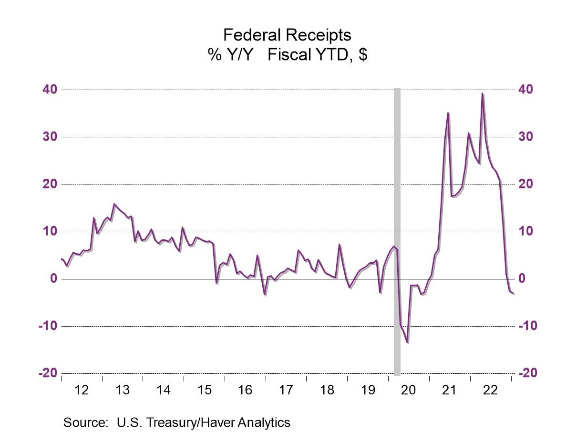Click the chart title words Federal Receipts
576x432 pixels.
[287, 35]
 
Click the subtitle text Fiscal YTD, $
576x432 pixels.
[317, 54]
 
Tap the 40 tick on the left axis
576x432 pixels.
[51, 90]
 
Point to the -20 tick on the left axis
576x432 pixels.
[48, 373]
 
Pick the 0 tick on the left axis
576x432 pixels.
[54, 278]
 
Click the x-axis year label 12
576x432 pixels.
[82, 390]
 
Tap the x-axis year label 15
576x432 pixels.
[204, 390]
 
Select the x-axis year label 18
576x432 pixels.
[327, 390]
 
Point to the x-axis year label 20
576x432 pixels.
[409, 390]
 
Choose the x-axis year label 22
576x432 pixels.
[490, 390]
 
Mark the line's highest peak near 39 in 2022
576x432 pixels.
[482, 93]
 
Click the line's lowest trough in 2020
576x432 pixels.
[408, 342]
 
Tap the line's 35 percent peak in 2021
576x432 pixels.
[448, 113]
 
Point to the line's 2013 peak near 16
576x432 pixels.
[114, 204]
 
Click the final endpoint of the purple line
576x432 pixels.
[514, 294]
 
